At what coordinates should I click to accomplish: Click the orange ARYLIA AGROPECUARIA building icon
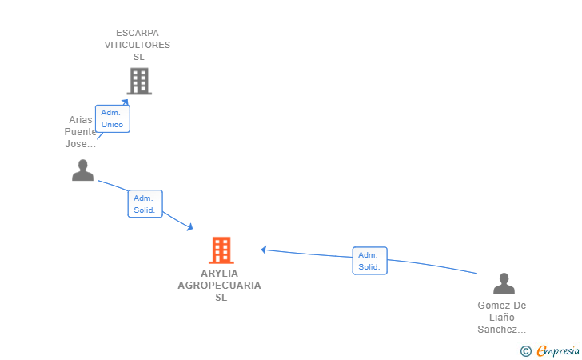[221, 250]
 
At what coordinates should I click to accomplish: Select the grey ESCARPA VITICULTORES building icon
[139, 81]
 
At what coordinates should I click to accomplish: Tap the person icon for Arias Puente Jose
[83, 170]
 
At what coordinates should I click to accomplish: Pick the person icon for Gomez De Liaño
[504, 283]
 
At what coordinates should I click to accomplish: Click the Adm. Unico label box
[113, 118]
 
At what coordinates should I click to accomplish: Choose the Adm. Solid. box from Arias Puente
[145, 203]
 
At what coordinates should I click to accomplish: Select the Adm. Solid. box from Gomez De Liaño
[369, 261]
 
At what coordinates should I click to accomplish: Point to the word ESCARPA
[138, 33]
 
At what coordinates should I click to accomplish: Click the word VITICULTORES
[138, 45]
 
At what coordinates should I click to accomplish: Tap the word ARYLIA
[219, 274]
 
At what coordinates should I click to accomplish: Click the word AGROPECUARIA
[219, 286]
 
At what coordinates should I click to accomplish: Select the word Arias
[81, 120]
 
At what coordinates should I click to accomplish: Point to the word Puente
[81, 132]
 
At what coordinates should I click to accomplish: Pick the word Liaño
[502, 318]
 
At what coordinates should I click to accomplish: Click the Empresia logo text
[558, 350]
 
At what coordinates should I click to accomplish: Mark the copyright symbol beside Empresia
[526, 351]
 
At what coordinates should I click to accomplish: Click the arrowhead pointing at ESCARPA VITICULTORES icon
[126, 102]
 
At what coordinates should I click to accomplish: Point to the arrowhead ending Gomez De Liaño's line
[264, 250]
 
